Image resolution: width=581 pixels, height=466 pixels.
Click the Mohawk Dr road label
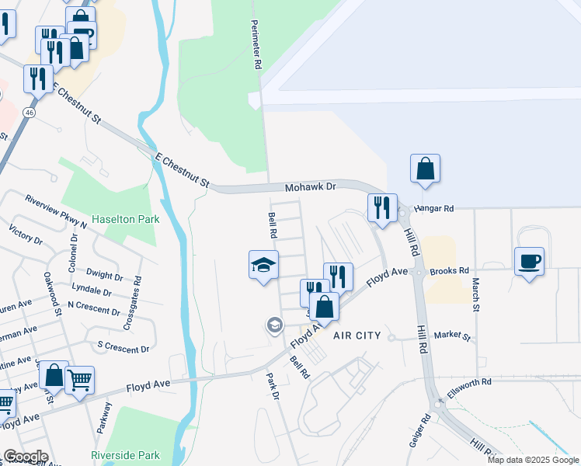309,187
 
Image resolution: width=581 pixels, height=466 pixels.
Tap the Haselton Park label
126,219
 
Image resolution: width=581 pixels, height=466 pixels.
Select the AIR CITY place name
357,336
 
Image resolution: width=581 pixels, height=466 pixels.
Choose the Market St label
452,336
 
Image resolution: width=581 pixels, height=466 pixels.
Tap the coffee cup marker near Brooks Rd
529,261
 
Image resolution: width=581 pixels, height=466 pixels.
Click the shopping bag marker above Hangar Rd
425,169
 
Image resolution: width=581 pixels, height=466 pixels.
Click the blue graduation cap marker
263,265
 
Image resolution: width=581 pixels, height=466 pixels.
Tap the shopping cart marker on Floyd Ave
79,381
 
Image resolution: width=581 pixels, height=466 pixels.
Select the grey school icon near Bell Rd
274,325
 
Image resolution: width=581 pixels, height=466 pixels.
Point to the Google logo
25,456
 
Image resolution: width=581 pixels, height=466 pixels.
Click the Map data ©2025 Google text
533,460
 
